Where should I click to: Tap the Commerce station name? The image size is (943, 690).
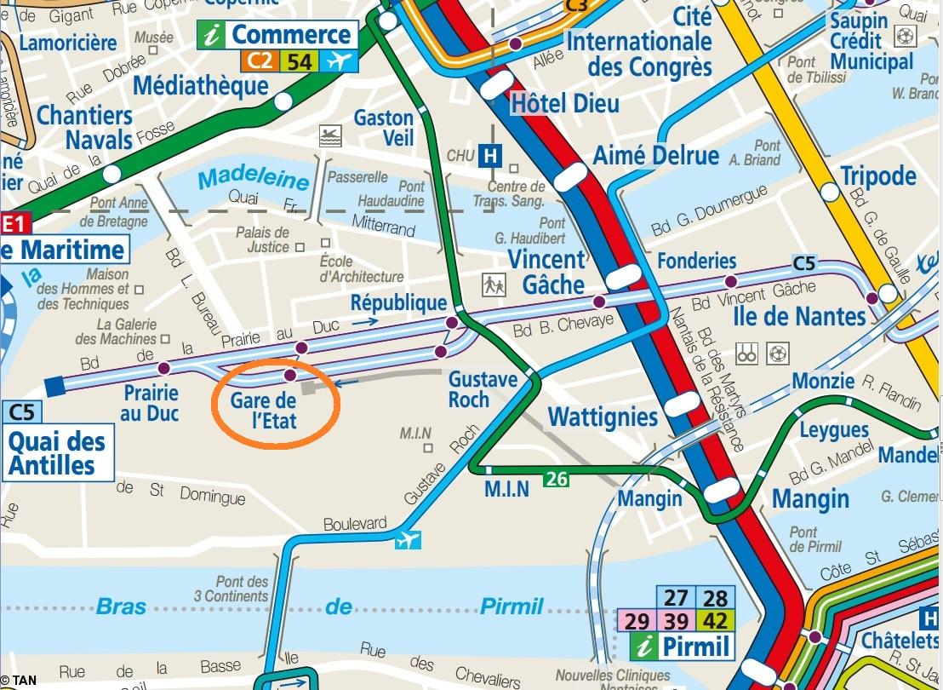291,35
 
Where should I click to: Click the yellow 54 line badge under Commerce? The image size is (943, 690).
299,61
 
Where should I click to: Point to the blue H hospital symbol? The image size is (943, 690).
489,156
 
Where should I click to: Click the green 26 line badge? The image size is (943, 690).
557,480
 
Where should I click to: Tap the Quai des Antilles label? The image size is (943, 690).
57,453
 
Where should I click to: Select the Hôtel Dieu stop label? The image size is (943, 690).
565,103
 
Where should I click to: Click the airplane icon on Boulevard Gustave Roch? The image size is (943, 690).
408,539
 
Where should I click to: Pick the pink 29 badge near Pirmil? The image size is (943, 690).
637,621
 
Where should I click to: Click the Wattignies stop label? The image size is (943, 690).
603,417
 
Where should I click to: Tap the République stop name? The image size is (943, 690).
398,302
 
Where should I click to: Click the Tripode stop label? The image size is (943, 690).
877,175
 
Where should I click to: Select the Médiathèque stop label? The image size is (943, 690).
201,86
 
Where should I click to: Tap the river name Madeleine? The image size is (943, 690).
254,180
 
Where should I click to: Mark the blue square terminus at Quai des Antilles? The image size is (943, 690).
55,385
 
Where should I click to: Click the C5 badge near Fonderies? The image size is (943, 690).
803,262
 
